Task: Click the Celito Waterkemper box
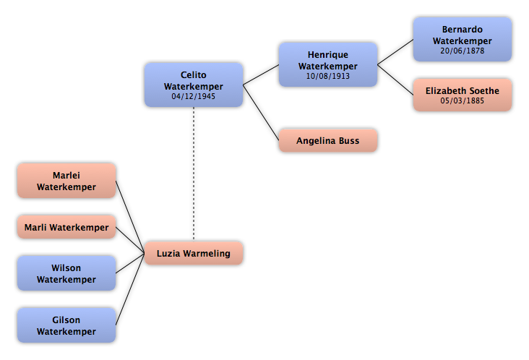[x=193, y=85]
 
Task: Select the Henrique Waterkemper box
[x=327, y=64]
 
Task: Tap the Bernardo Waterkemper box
[x=463, y=40]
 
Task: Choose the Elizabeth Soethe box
[x=463, y=95]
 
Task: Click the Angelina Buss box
[x=327, y=140]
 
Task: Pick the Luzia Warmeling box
[x=193, y=253]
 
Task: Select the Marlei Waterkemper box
[x=66, y=181]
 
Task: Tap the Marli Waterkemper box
[x=66, y=227]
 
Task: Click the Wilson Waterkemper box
[x=66, y=273]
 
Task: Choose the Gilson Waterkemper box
[x=66, y=325]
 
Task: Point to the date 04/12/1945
[x=193, y=96]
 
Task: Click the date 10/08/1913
[x=327, y=76]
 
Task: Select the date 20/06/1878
[x=463, y=51]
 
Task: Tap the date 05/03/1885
[x=463, y=100]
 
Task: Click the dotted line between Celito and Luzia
[x=193, y=174]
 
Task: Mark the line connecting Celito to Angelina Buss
[x=261, y=112]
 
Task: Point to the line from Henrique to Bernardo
[x=395, y=52]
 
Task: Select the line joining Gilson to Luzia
[x=130, y=289]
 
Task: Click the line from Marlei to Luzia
[x=130, y=217]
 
